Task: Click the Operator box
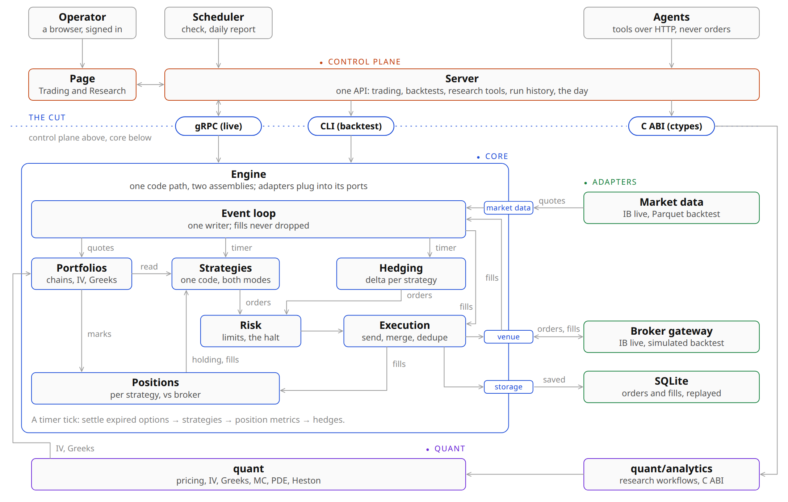[82, 23]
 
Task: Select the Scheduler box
[218, 23]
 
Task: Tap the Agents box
[671, 23]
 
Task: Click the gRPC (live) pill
[218, 126]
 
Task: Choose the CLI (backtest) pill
[351, 126]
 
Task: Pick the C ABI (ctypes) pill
[671, 126]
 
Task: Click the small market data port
[508, 208]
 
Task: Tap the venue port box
[508, 337]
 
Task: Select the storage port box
[508, 387]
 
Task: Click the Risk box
[251, 331]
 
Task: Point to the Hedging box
[401, 274]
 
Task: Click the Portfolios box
[81, 274]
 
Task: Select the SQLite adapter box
[671, 387]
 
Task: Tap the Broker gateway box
[671, 337]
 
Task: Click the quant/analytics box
[671, 474]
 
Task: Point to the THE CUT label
[47, 117]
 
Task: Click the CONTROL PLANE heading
[364, 62]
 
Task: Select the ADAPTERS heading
[615, 182]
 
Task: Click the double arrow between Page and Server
[150, 85]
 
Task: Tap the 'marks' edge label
[99, 334]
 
